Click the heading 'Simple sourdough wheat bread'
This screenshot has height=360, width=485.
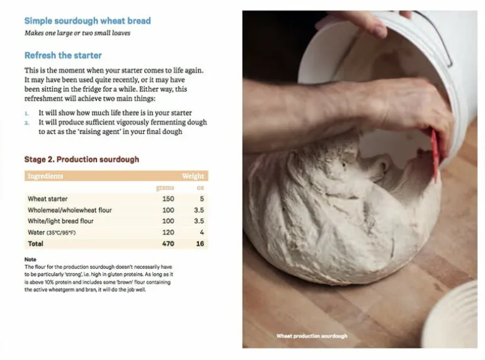88,21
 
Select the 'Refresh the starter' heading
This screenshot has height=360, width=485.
63,55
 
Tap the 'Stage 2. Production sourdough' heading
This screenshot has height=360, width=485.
81,159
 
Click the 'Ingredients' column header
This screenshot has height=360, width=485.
45,176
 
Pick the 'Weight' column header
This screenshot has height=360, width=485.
193,176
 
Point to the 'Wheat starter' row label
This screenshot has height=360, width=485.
47,199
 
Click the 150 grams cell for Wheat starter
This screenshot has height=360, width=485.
168,199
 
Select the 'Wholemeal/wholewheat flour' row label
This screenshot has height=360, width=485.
69,210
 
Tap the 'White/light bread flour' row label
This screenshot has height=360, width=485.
60,222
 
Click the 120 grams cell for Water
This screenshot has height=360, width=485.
168,232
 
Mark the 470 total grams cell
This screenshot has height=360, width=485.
168,244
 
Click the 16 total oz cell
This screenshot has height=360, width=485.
200,244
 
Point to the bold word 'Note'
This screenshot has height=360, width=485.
30,259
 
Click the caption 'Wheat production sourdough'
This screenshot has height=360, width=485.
311,336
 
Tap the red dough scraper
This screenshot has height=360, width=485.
434,154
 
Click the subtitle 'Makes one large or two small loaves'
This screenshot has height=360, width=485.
77,33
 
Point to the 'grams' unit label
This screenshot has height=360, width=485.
165,188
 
